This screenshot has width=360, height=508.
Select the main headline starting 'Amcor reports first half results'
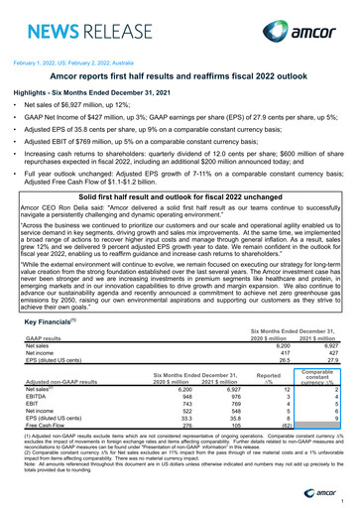click(180, 75)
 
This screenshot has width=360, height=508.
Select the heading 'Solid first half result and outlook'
click(180, 199)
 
